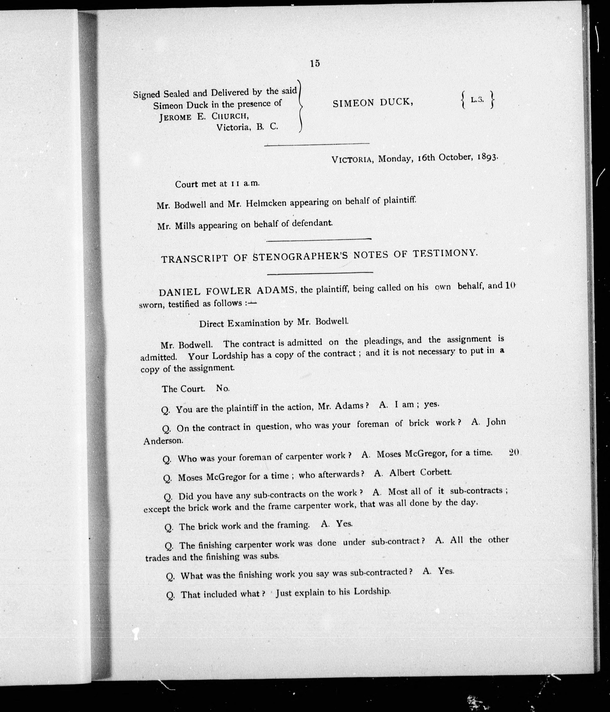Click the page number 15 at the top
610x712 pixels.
(x=315, y=63)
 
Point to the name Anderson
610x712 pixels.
(x=163, y=441)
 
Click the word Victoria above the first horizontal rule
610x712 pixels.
(x=232, y=127)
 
